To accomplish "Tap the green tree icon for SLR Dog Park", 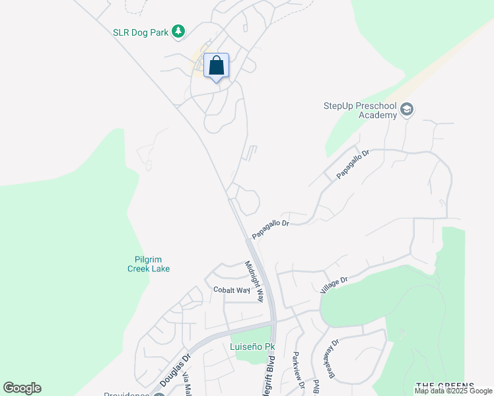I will pos(178,31).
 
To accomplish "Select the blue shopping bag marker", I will pos(216,66).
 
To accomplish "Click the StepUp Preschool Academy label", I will pos(359,110).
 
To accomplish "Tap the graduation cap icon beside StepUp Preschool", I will pos(406,110).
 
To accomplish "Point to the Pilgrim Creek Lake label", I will pos(149,264).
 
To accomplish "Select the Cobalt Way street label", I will pos(231,290).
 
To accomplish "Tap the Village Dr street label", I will pos(334,285).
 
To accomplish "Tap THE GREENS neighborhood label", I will pos(445,385).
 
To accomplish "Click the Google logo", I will pos(22,388).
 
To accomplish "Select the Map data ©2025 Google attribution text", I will pos(454,391).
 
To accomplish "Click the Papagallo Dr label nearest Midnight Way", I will pos(271,229).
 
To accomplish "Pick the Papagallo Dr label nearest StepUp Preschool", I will pos(352,164).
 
